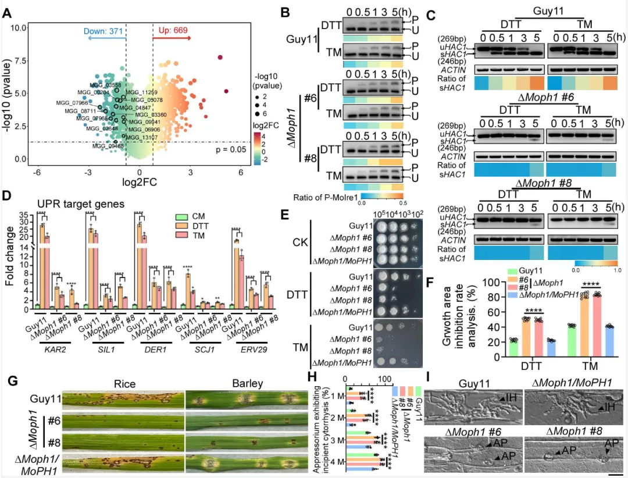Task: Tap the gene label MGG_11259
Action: (142, 92)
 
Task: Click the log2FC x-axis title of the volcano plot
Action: (140, 183)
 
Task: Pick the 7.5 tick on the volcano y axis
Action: (22, 60)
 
